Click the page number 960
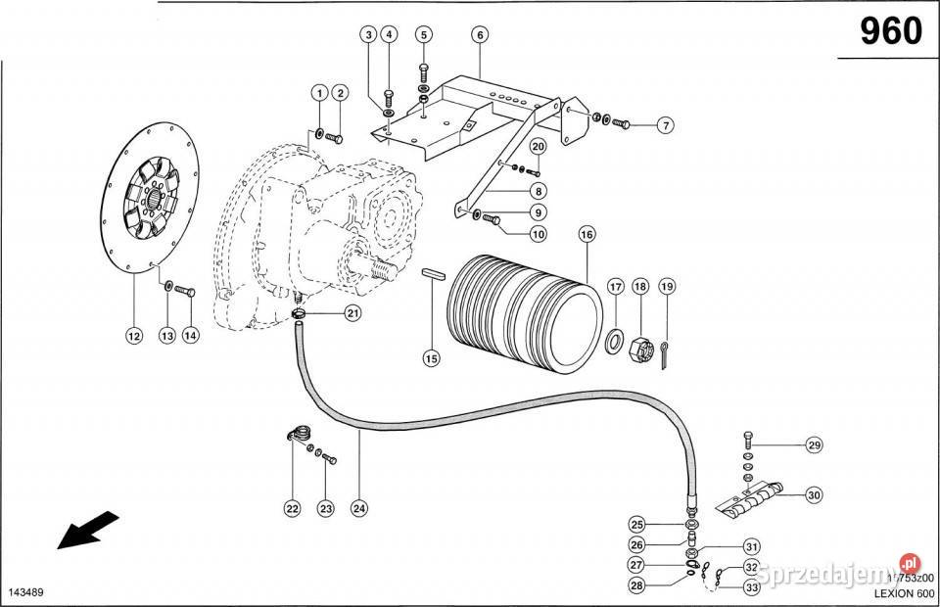890,32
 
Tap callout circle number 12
133,336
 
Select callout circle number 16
587,235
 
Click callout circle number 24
359,508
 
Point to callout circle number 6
480,35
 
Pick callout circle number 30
814,495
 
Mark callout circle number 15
431,359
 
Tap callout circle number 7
665,125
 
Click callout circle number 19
666,287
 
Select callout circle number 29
814,445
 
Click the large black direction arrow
88,530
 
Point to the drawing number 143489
27,593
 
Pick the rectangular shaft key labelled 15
434,274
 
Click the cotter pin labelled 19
665,354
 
